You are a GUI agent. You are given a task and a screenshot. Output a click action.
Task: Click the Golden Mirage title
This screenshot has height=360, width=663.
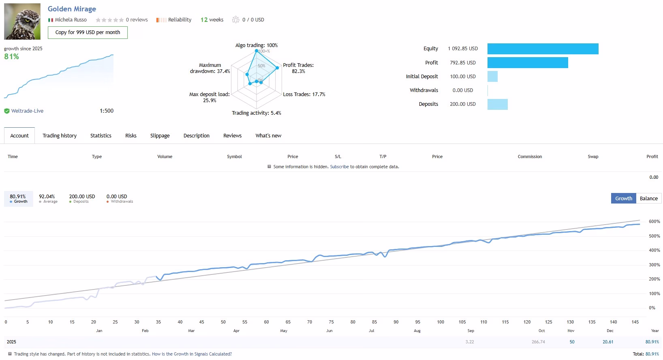[x=72, y=9]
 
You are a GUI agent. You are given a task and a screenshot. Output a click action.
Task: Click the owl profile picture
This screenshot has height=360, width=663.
[x=22, y=21]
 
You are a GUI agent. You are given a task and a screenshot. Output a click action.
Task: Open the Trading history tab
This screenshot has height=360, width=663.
[x=60, y=135]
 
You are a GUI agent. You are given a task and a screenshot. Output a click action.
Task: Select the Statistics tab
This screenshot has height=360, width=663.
[x=101, y=135]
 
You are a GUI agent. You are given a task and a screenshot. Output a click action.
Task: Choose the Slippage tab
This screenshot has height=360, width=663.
[x=160, y=135]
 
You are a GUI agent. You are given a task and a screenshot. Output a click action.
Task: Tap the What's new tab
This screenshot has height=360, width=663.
[x=268, y=135]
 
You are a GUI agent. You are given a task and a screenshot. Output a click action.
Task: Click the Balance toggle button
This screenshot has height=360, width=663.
[x=648, y=198]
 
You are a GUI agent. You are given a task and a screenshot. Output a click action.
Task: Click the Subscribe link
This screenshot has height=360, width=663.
[x=339, y=167]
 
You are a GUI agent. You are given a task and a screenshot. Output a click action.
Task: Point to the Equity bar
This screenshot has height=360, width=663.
[x=543, y=49]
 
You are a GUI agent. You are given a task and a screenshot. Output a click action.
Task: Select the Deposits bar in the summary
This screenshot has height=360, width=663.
[x=498, y=104]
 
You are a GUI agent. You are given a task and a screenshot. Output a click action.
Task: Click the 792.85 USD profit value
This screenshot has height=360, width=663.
[x=463, y=63]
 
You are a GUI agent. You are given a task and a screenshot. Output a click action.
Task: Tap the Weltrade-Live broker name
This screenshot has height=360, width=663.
[x=27, y=111]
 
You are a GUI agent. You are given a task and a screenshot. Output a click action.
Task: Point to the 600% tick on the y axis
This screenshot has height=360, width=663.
[x=654, y=221]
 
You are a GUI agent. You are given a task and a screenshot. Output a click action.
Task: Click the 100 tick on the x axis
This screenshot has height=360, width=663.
[x=441, y=322]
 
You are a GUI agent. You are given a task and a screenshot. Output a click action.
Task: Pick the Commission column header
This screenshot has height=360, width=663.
[x=530, y=156]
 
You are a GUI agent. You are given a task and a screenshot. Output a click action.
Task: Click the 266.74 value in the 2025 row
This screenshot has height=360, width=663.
[x=538, y=342]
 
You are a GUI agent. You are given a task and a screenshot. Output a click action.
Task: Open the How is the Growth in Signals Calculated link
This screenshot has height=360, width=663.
[x=192, y=354]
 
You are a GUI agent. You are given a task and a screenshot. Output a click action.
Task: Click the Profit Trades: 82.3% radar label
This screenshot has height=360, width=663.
[x=298, y=68]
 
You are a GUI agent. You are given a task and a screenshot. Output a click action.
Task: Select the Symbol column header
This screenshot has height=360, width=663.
[x=234, y=156]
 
